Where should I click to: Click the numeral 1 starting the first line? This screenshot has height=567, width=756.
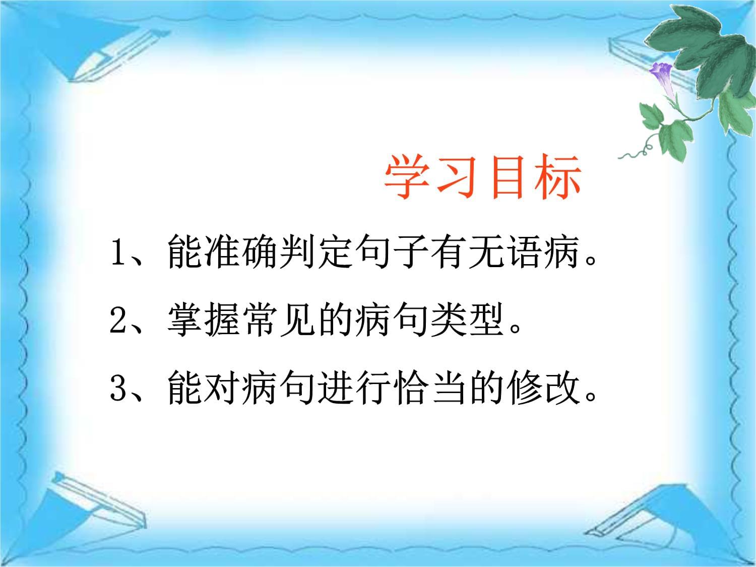coord(118,253)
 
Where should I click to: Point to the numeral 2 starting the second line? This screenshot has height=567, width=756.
coord(118,320)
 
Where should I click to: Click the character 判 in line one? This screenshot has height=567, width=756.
coord(297,251)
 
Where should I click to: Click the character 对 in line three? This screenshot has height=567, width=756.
coord(222,388)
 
